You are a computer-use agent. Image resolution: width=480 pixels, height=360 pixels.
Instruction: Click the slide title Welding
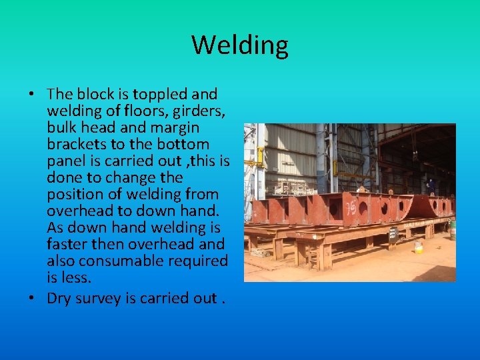[240, 45]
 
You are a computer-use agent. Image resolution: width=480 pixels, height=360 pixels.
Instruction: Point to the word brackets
[72, 145]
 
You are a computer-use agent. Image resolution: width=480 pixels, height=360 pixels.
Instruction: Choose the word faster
[68, 244]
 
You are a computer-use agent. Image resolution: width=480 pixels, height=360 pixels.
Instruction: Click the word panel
[67, 161]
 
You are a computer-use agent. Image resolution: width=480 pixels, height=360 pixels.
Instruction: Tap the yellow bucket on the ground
[419, 247]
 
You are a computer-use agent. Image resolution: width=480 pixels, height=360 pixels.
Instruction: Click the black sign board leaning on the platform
[393, 234]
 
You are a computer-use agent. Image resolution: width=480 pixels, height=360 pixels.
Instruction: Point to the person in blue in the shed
[431, 186]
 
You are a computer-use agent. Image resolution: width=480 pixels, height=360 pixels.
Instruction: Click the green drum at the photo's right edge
[452, 230]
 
